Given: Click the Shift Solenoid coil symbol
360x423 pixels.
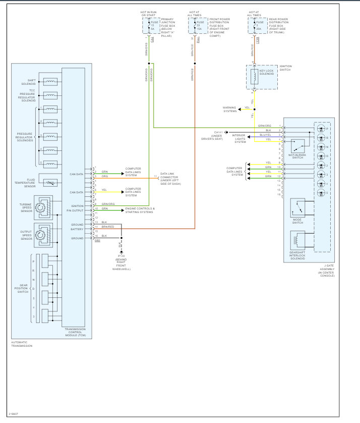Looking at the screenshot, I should [50, 81].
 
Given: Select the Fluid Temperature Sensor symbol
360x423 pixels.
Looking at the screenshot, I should [50, 182].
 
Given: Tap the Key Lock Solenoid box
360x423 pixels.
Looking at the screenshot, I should [262, 77].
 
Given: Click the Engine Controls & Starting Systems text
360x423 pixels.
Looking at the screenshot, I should [140, 210].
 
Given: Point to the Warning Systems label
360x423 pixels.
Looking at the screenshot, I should [230, 110].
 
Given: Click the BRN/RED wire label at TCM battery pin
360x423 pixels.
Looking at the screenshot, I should [108, 227].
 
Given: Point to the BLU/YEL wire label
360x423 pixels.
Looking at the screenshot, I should [265, 135].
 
